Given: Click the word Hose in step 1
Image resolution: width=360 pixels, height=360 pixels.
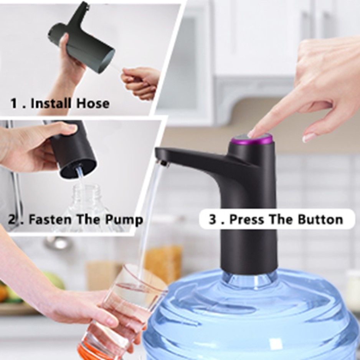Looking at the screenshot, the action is pyautogui.click(x=93, y=103).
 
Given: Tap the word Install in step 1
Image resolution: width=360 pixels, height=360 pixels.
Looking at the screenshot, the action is pyautogui.click(x=51, y=103).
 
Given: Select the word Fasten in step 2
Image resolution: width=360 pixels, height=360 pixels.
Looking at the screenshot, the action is pyautogui.click(x=50, y=219).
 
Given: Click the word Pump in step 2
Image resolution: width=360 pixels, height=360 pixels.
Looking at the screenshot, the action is pyautogui.click(x=124, y=220).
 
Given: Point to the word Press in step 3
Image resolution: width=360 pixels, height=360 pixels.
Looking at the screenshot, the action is pyautogui.click(x=247, y=219).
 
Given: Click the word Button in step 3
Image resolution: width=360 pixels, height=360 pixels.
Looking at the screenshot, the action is pyautogui.click(x=320, y=219).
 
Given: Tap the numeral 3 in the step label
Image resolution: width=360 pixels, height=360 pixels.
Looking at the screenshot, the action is pyautogui.click(x=213, y=219).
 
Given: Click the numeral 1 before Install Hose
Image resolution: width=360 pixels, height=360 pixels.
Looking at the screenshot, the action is pyautogui.click(x=14, y=103).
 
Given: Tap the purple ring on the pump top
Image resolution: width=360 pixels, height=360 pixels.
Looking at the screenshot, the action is pyautogui.click(x=252, y=140).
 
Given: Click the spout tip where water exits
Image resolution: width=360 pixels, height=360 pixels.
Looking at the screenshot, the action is pyautogui.click(x=163, y=163).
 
